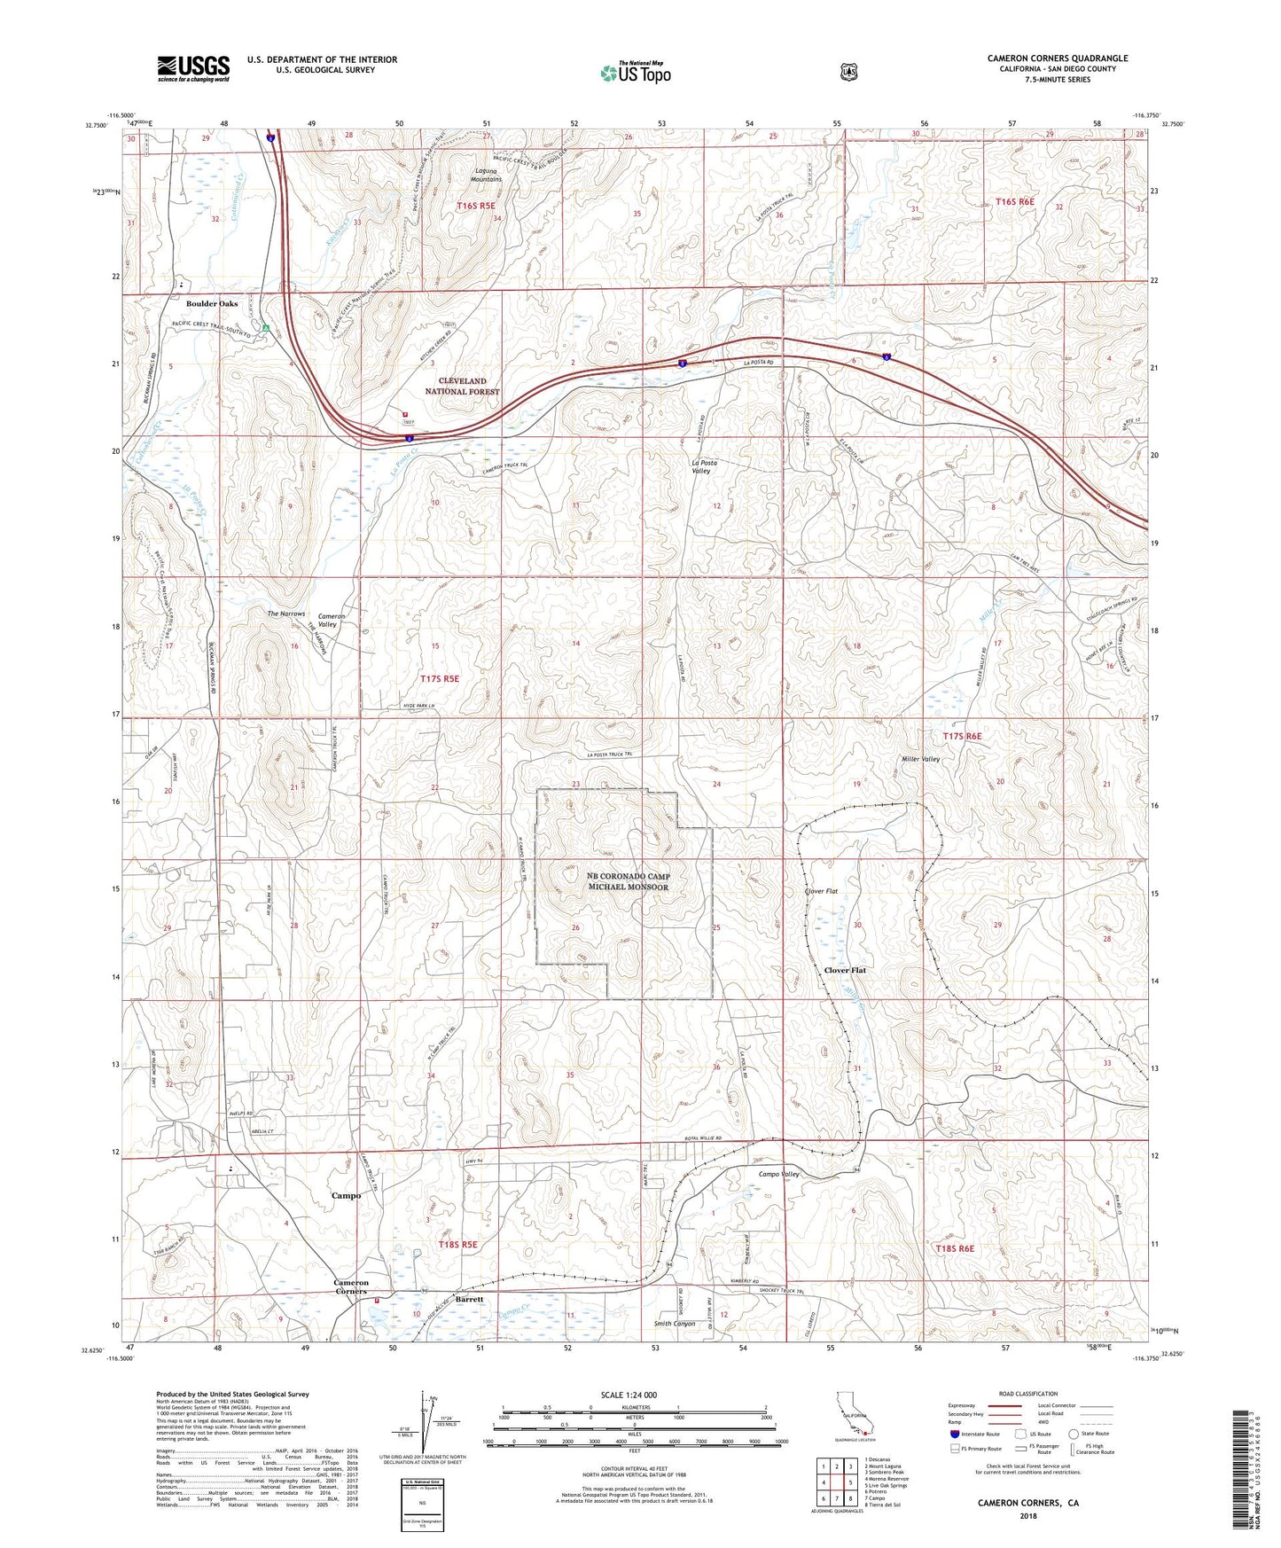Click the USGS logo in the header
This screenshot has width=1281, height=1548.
[x=193, y=68]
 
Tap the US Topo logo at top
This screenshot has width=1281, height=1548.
[x=635, y=73]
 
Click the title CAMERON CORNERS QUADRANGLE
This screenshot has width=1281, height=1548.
[x=1058, y=59]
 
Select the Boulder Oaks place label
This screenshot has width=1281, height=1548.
[x=212, y=303]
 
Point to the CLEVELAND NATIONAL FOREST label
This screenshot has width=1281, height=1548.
[x=462, y=386]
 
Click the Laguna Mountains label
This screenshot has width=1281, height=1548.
[x=488, y=175]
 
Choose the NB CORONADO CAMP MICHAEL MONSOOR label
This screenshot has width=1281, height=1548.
[x=629, y=881]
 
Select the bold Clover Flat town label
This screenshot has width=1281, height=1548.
[x=845, y=970]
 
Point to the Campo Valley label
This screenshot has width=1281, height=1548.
[x=779, y=1174]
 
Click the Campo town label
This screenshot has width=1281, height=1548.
[x=346, y=1195]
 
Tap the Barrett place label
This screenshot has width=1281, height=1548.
[x=470, y=1299]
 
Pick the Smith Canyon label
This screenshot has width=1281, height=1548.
[x=675, y=1324]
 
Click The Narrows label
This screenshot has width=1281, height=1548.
[x=286, y=614]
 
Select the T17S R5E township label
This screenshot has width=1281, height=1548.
[x=440, y=678]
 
